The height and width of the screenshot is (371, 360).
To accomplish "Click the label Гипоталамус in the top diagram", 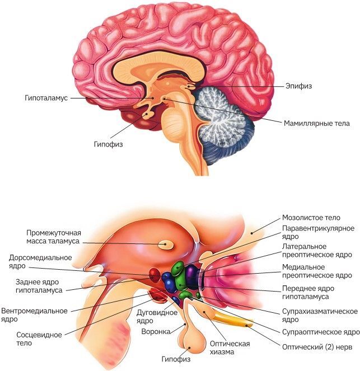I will coord(46,97).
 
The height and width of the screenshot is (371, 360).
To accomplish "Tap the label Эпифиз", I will coord(297,86).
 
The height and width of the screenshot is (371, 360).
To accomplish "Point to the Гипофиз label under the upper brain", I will coord(108,144).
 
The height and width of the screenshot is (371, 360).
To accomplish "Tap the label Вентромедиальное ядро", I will coord(34,314).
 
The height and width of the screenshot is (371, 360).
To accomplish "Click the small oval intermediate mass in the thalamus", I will coord(166,244).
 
